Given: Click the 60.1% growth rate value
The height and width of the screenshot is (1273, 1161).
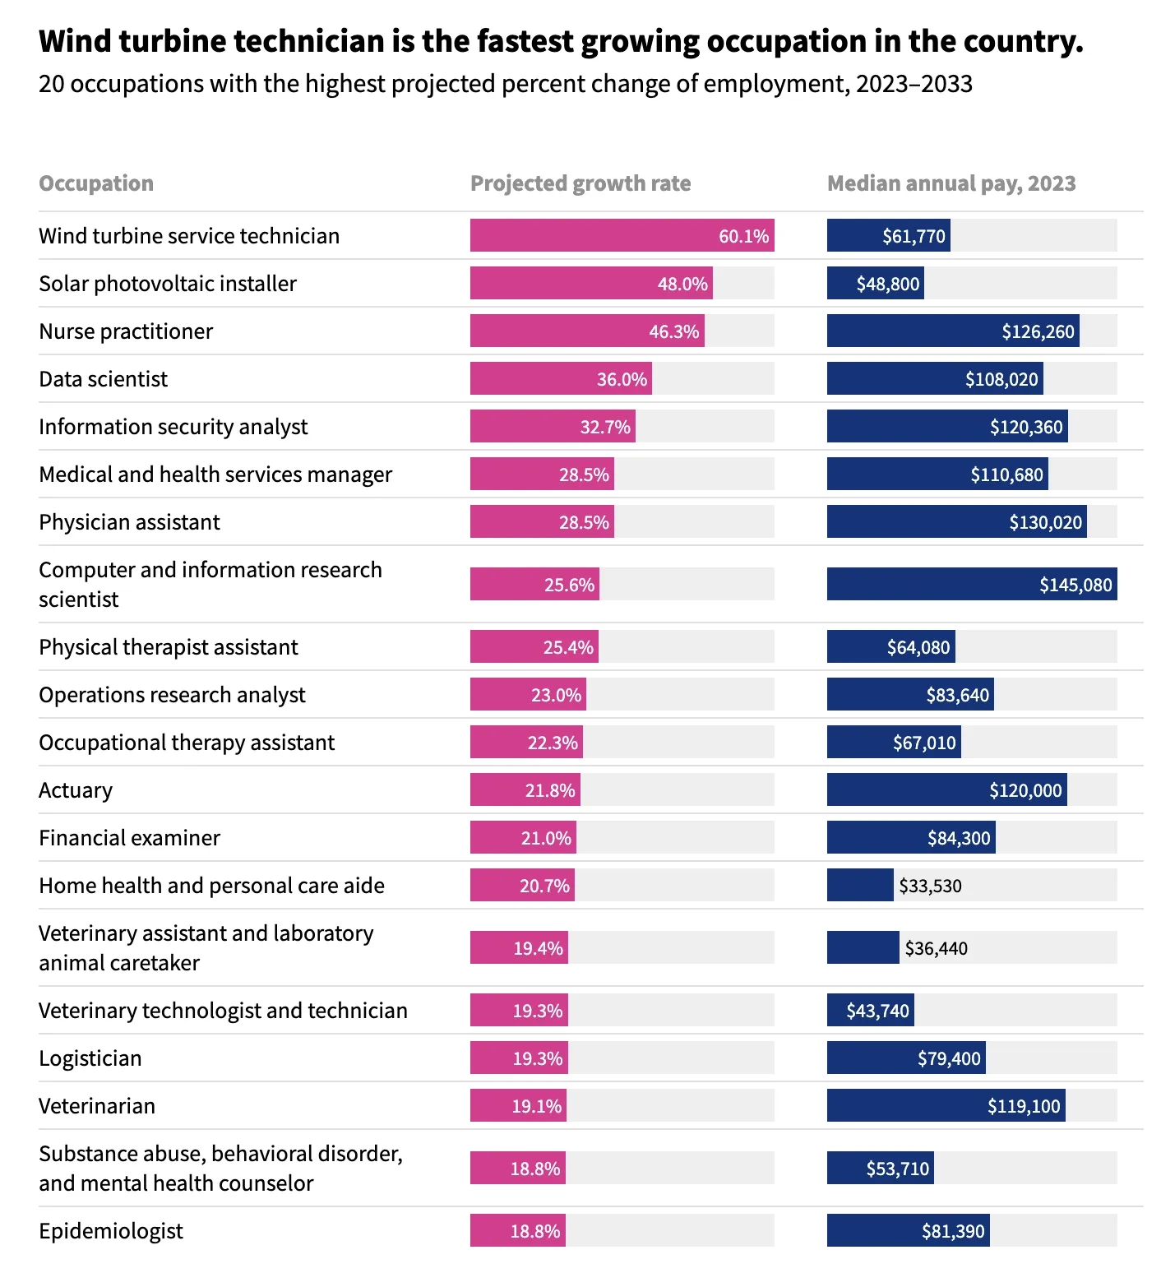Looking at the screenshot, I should pos(743,236).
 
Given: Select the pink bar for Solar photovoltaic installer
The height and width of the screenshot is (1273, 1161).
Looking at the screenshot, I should pos(590,284).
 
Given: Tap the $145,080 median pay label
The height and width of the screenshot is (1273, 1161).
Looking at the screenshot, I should pos(1075,585).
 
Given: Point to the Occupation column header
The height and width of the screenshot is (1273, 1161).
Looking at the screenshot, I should pos(96,183).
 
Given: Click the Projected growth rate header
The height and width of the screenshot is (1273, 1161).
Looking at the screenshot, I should pos(580,183).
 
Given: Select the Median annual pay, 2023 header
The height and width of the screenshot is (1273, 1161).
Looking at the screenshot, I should pos(951,183).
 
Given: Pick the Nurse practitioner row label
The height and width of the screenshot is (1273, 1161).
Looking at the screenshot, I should pos(126,331).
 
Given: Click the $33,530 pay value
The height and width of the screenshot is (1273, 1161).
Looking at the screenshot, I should pos(930,886).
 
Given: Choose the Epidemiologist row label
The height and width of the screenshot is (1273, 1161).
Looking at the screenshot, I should pos(111,1231).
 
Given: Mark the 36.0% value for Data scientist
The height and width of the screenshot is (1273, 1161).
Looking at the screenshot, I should pos(622,379).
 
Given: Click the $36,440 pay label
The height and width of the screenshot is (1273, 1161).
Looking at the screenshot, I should pos(936,948).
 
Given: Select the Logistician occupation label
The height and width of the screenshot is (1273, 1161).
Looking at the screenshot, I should pos(90,1058).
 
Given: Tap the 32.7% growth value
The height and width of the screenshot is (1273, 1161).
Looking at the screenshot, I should pos(605,427).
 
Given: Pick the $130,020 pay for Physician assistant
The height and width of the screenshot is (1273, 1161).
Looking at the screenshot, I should pos(1045,522).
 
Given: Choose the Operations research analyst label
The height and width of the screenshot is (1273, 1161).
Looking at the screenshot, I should pos(172,695).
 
